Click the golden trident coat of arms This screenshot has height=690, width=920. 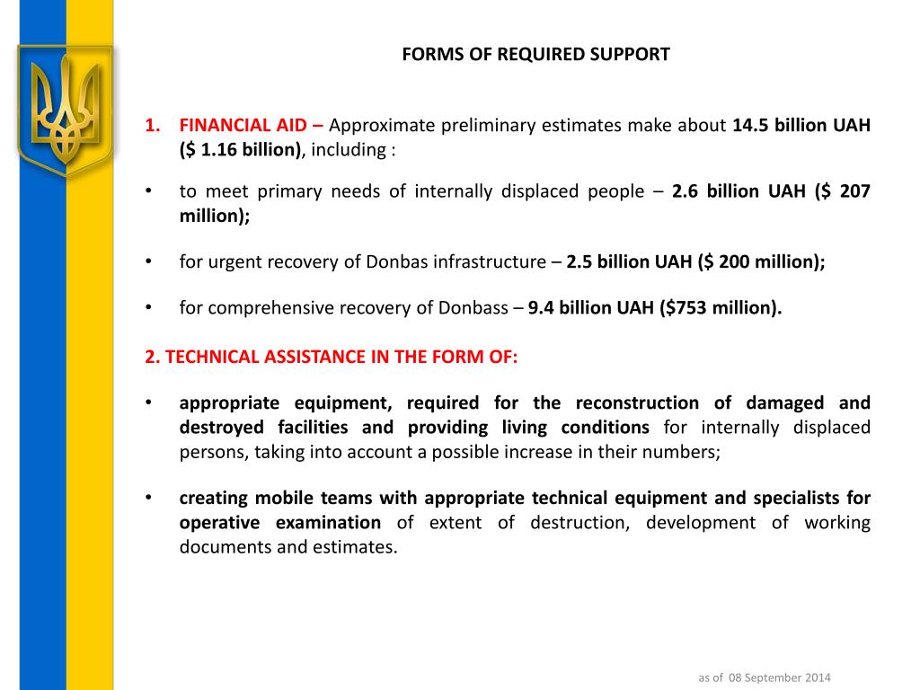(x=64, y=108)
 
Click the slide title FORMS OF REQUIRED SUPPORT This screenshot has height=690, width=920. (x=535, y=54)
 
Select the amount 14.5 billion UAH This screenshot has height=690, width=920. (x=801, y=125)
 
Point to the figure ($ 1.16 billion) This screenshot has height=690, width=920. (x=240, y=149)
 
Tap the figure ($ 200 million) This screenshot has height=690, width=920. (x=761, y=262)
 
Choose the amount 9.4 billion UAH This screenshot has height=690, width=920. (x=590, y=308)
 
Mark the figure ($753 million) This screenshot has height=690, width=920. (x=721, y=308)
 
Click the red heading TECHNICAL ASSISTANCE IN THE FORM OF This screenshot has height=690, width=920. (x=332, y=357)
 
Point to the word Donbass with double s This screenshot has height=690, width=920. (x=473, y=308)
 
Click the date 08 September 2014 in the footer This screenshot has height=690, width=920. (x=779, y=677)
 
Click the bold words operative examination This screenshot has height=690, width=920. (x=280, y=523)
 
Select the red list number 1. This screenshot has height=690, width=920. (x=152, y=125)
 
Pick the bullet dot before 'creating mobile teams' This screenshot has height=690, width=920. (x=148, y=498)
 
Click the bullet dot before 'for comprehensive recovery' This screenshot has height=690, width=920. (x=148, y=308)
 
